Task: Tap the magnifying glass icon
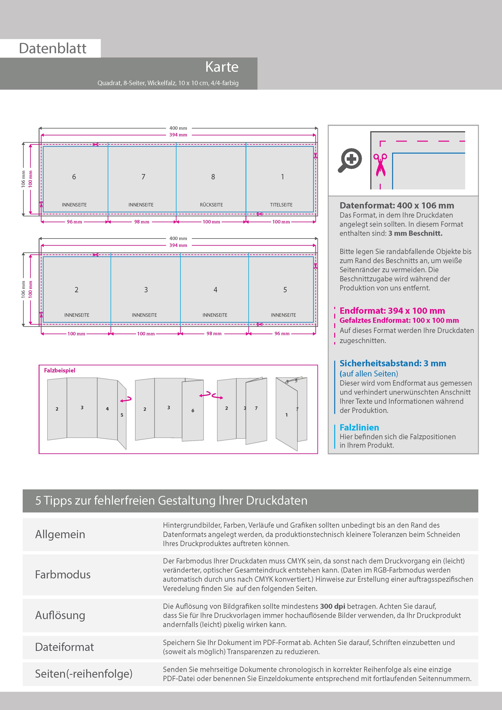(x=350, y=160)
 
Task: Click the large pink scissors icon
(x=380, y=165)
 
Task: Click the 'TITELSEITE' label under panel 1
(x=281, y=205)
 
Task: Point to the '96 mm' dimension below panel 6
(x=74, y=222)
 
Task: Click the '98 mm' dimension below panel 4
(x=214, y=334)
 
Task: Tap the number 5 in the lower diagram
(x=285, y=290)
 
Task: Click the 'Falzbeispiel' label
(x=59, y=370)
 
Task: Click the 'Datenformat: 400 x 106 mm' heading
(x=397, y=205)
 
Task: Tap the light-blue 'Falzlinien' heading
(x=359, y=427)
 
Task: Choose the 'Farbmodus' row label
(x=63, y=575)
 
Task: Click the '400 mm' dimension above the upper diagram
(x=178, y=128)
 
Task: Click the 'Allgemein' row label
(x=60, y=534)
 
